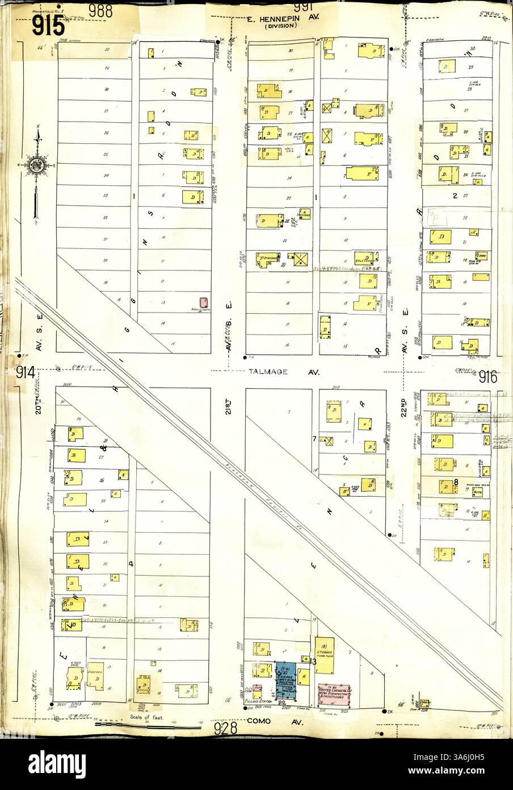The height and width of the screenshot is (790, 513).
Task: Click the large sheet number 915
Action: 49,26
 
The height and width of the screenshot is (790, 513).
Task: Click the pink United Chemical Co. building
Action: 334,695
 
